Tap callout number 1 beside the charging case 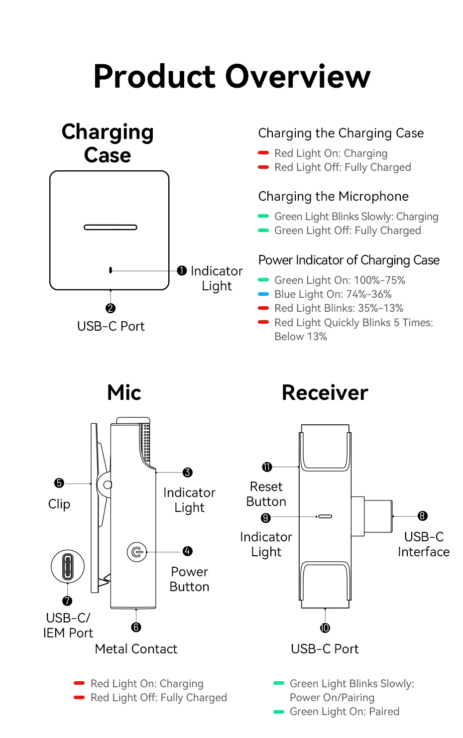tap(182, 270)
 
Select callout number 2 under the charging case tap(111, 309)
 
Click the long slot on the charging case tap(111, 228)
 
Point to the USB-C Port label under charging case tap(111, 326)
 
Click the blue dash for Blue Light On tap(263, 294)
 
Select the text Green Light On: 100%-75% tap(340, 280)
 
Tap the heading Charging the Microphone tap(333, 196)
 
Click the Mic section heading tap(124, 392)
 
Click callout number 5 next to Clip tap(59, 483)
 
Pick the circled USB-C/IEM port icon tap(68, 567)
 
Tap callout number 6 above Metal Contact tap(136, 627)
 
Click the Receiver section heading tap(325, 392)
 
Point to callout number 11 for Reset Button tap(267, 467)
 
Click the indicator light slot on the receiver tap(325, 516)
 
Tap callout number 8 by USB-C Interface tap(422, 516)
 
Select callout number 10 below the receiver tap(325, 628)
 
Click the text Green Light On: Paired tap(345, 712)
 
